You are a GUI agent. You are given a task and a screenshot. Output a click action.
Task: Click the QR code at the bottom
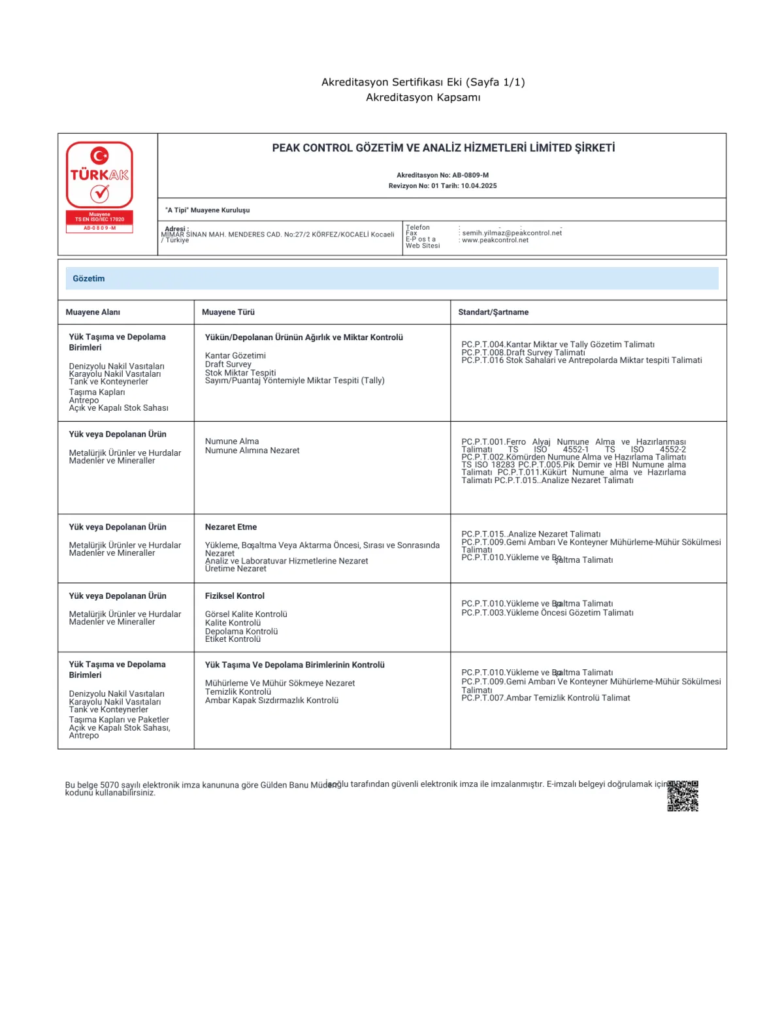click(683, 796)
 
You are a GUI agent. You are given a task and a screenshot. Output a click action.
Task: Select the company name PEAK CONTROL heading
click(443, 148)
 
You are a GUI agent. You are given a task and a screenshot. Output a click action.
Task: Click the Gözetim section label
click(89, 279)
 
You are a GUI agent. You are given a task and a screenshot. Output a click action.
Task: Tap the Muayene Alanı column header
click(93, 312)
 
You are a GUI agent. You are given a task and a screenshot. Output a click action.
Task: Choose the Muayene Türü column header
click(228, 312)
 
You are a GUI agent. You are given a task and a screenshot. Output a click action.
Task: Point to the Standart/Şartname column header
click(493, 312)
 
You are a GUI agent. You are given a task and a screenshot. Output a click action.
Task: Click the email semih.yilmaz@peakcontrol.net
click(512, 233)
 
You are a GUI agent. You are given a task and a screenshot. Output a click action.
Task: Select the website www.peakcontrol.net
click(495, 240)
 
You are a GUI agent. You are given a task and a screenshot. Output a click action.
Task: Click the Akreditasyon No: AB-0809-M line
click(442, 175)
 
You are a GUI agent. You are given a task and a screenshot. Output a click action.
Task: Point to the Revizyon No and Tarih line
click(442, 186)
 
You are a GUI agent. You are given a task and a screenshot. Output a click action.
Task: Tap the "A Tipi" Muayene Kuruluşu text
click(207, 210)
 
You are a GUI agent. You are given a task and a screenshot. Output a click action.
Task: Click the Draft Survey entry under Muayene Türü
click(228, 364)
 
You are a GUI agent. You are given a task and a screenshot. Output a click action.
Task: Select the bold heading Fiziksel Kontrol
click(235, 596)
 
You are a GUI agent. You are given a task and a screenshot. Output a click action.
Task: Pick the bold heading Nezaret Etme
click(231, 527)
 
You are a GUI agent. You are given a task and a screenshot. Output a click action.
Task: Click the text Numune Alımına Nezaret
click(252, 451)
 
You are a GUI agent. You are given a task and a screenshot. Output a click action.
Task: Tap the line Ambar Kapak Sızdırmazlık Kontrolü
click(272, 701)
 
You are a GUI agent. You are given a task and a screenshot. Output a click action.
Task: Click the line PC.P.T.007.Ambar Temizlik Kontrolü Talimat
click(546, 698)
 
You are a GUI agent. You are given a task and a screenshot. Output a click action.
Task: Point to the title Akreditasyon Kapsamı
click(423, 97)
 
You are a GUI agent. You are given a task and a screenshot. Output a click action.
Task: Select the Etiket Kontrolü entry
click(233, 639)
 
